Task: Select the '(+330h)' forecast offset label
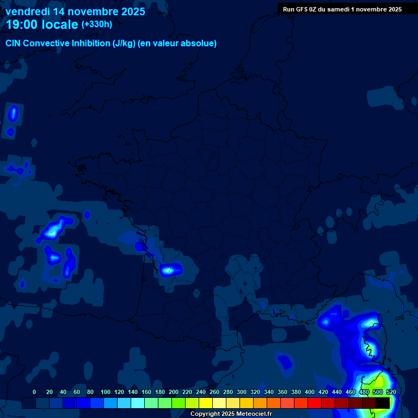(96, 24)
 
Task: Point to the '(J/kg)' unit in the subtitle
(124, 44)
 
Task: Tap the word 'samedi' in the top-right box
(345, 9)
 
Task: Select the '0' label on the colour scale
(34, 392)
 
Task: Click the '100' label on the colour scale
(106, 392)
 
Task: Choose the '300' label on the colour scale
(242, 392)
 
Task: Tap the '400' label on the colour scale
(310, 392)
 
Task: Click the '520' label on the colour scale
(391, 392)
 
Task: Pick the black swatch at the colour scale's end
(383, 403)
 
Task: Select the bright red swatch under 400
(315, 403)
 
